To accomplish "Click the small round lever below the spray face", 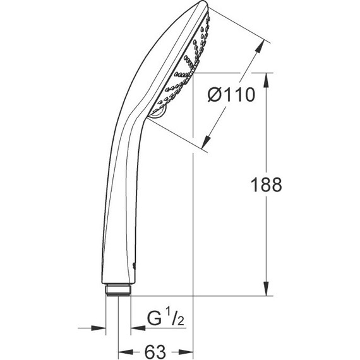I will click(x=158, y=113).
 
